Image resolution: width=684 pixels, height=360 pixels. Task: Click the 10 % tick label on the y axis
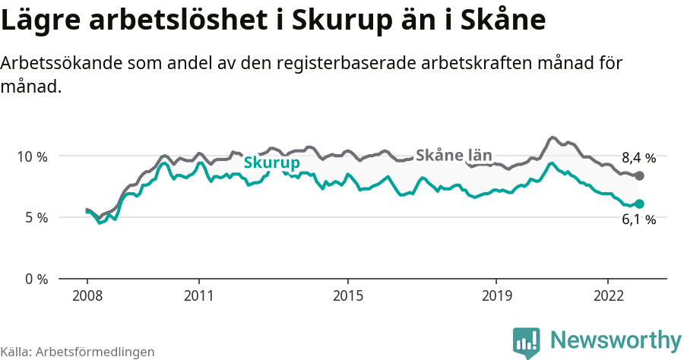tap(31, 156)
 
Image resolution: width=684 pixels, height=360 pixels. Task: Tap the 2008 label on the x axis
tap(87, 295)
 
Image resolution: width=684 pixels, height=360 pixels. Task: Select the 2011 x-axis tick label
tap(198, 295)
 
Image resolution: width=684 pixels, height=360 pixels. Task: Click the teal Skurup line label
tap(271, 163)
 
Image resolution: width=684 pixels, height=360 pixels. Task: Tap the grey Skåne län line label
tap(454, 155)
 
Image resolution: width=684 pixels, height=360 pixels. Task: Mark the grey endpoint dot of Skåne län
tap(639, 175)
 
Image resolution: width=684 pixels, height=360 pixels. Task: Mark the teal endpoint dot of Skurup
tap(639, 204)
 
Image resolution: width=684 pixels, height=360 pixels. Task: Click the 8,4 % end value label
tap(638, 158)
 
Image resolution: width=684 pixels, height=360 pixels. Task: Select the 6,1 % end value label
tap(638, 219)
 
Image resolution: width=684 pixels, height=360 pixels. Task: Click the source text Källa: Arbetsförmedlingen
tap(78, 352)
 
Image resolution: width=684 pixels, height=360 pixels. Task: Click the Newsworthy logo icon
tap(526, 342)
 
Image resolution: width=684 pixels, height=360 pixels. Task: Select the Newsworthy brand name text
tap(615, 339)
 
